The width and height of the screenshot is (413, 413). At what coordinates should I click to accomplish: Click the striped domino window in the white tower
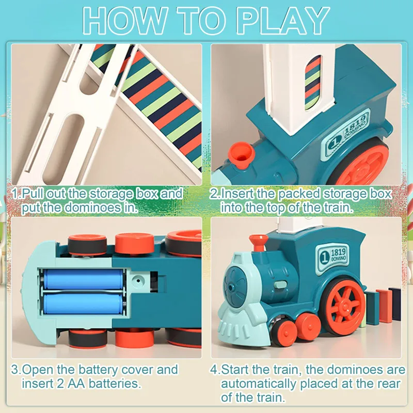coord(312,83)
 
